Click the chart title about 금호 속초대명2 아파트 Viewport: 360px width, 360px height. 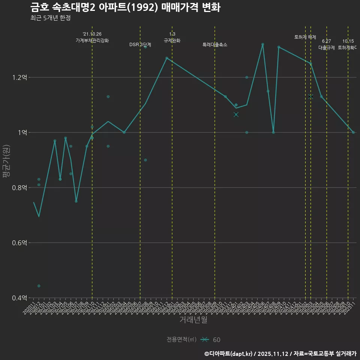click(125, 7)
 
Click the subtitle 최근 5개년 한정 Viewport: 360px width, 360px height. click(50, 18)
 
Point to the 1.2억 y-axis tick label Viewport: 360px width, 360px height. click(19, 78)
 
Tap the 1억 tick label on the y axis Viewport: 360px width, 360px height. click(22, 133)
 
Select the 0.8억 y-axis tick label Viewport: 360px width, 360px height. click(19, 188)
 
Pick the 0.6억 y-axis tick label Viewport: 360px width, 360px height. click(19, 243)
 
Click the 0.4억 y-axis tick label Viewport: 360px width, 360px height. click(19, 298)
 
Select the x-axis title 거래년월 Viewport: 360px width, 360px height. click(193, 319)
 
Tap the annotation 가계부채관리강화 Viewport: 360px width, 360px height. click(92, 40)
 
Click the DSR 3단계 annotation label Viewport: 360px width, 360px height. click(140, 45)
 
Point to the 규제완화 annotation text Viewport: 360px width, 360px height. click(172, 40)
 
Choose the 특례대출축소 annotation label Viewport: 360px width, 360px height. click(215, 45)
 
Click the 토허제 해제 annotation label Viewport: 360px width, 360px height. click(305, 37)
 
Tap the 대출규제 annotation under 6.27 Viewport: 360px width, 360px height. click(327, 48)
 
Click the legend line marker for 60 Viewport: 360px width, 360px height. click(204, 340)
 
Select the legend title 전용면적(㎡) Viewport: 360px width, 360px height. click(181, 340)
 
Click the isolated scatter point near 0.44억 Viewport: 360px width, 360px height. click(39, 286)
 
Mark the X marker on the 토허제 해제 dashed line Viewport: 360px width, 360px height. click(310, 97)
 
